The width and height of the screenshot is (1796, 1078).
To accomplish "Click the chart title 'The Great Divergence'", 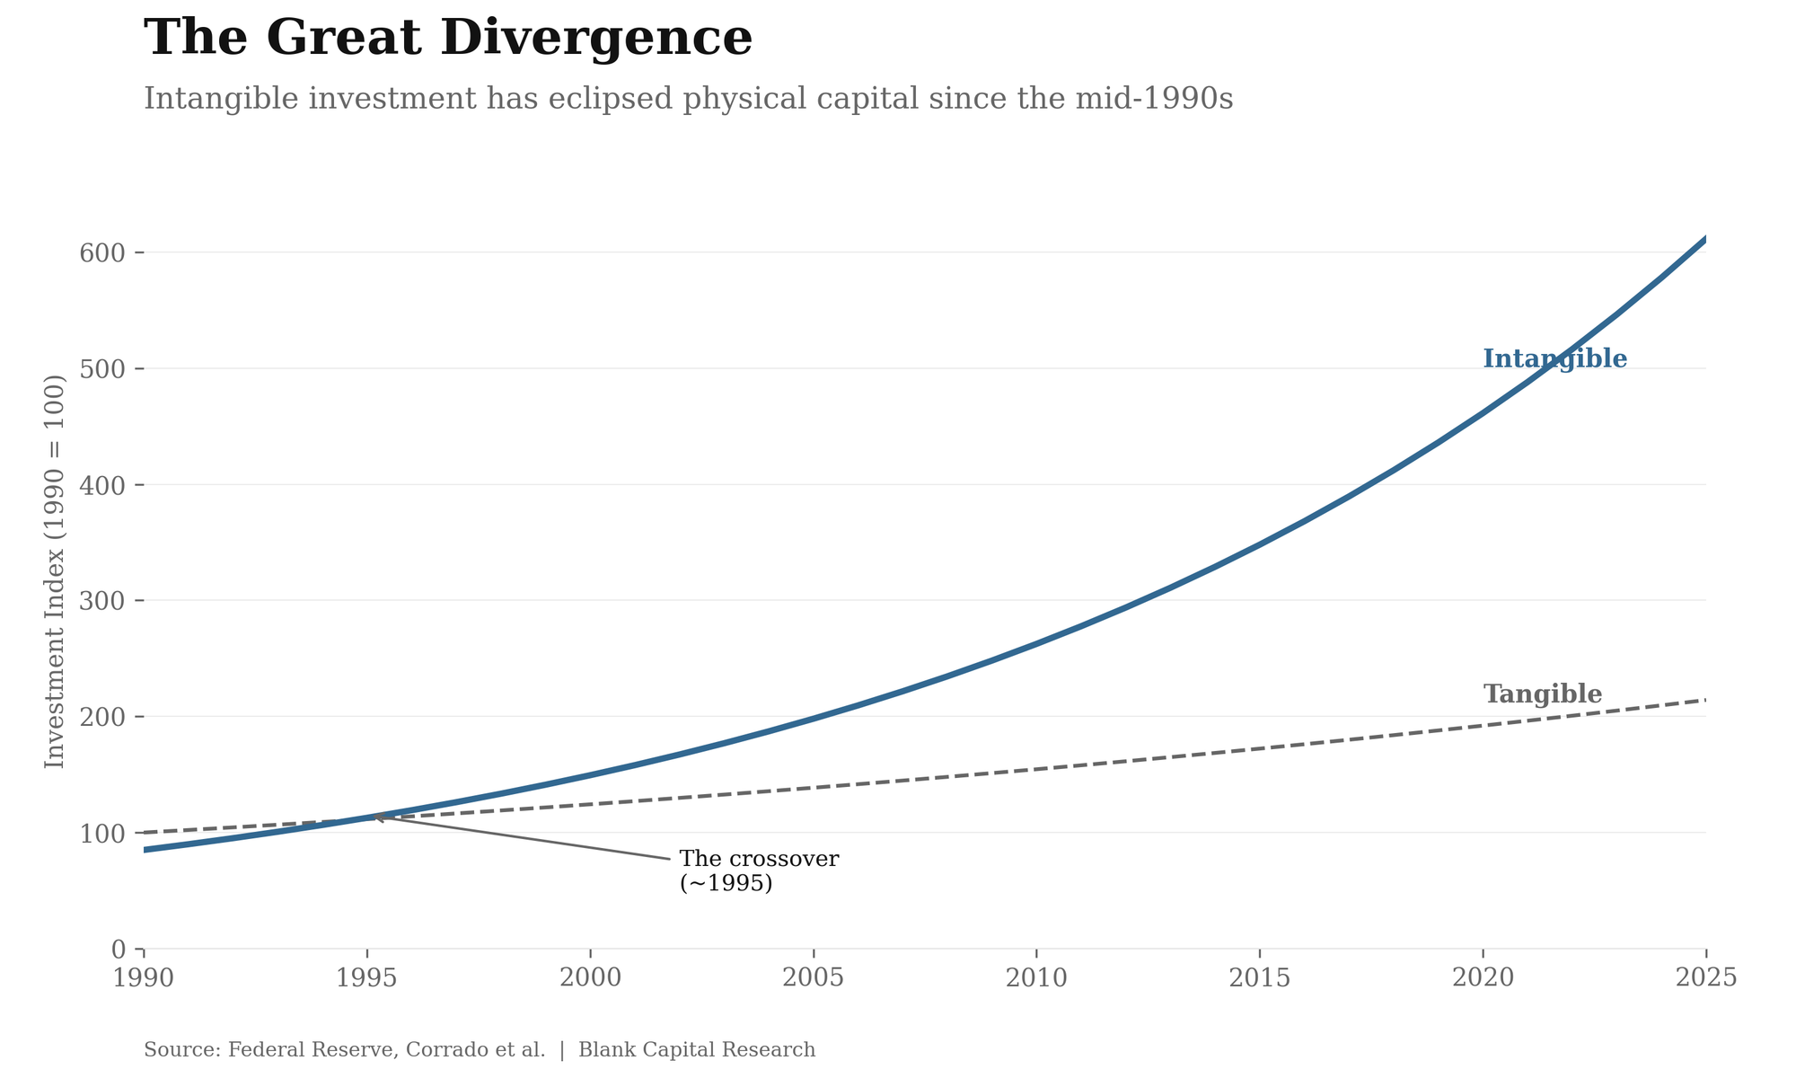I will [447, 40].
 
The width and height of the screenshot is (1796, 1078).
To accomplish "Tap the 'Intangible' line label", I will [1554, 359].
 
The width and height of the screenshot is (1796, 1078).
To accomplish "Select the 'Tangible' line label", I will [1542, 694].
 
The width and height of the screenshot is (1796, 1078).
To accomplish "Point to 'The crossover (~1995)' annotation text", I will [758, 870].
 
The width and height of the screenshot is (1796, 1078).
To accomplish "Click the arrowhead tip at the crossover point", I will [374, 817].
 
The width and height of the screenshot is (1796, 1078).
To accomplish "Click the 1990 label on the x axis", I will [144, 978].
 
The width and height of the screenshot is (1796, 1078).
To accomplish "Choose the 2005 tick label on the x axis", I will [813, 978].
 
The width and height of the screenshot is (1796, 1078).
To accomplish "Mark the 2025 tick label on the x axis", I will [1705, 978].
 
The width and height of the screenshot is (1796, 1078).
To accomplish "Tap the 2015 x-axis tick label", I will [1259, 978].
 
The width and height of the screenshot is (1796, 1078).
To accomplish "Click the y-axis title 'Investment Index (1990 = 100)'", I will [56, 571].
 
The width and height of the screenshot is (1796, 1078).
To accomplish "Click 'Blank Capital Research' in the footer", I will [696, 1050].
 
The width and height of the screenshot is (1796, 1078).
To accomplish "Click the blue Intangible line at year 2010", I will [1036, 643].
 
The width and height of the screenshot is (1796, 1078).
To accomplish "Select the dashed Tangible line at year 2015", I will [1259, 748].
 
